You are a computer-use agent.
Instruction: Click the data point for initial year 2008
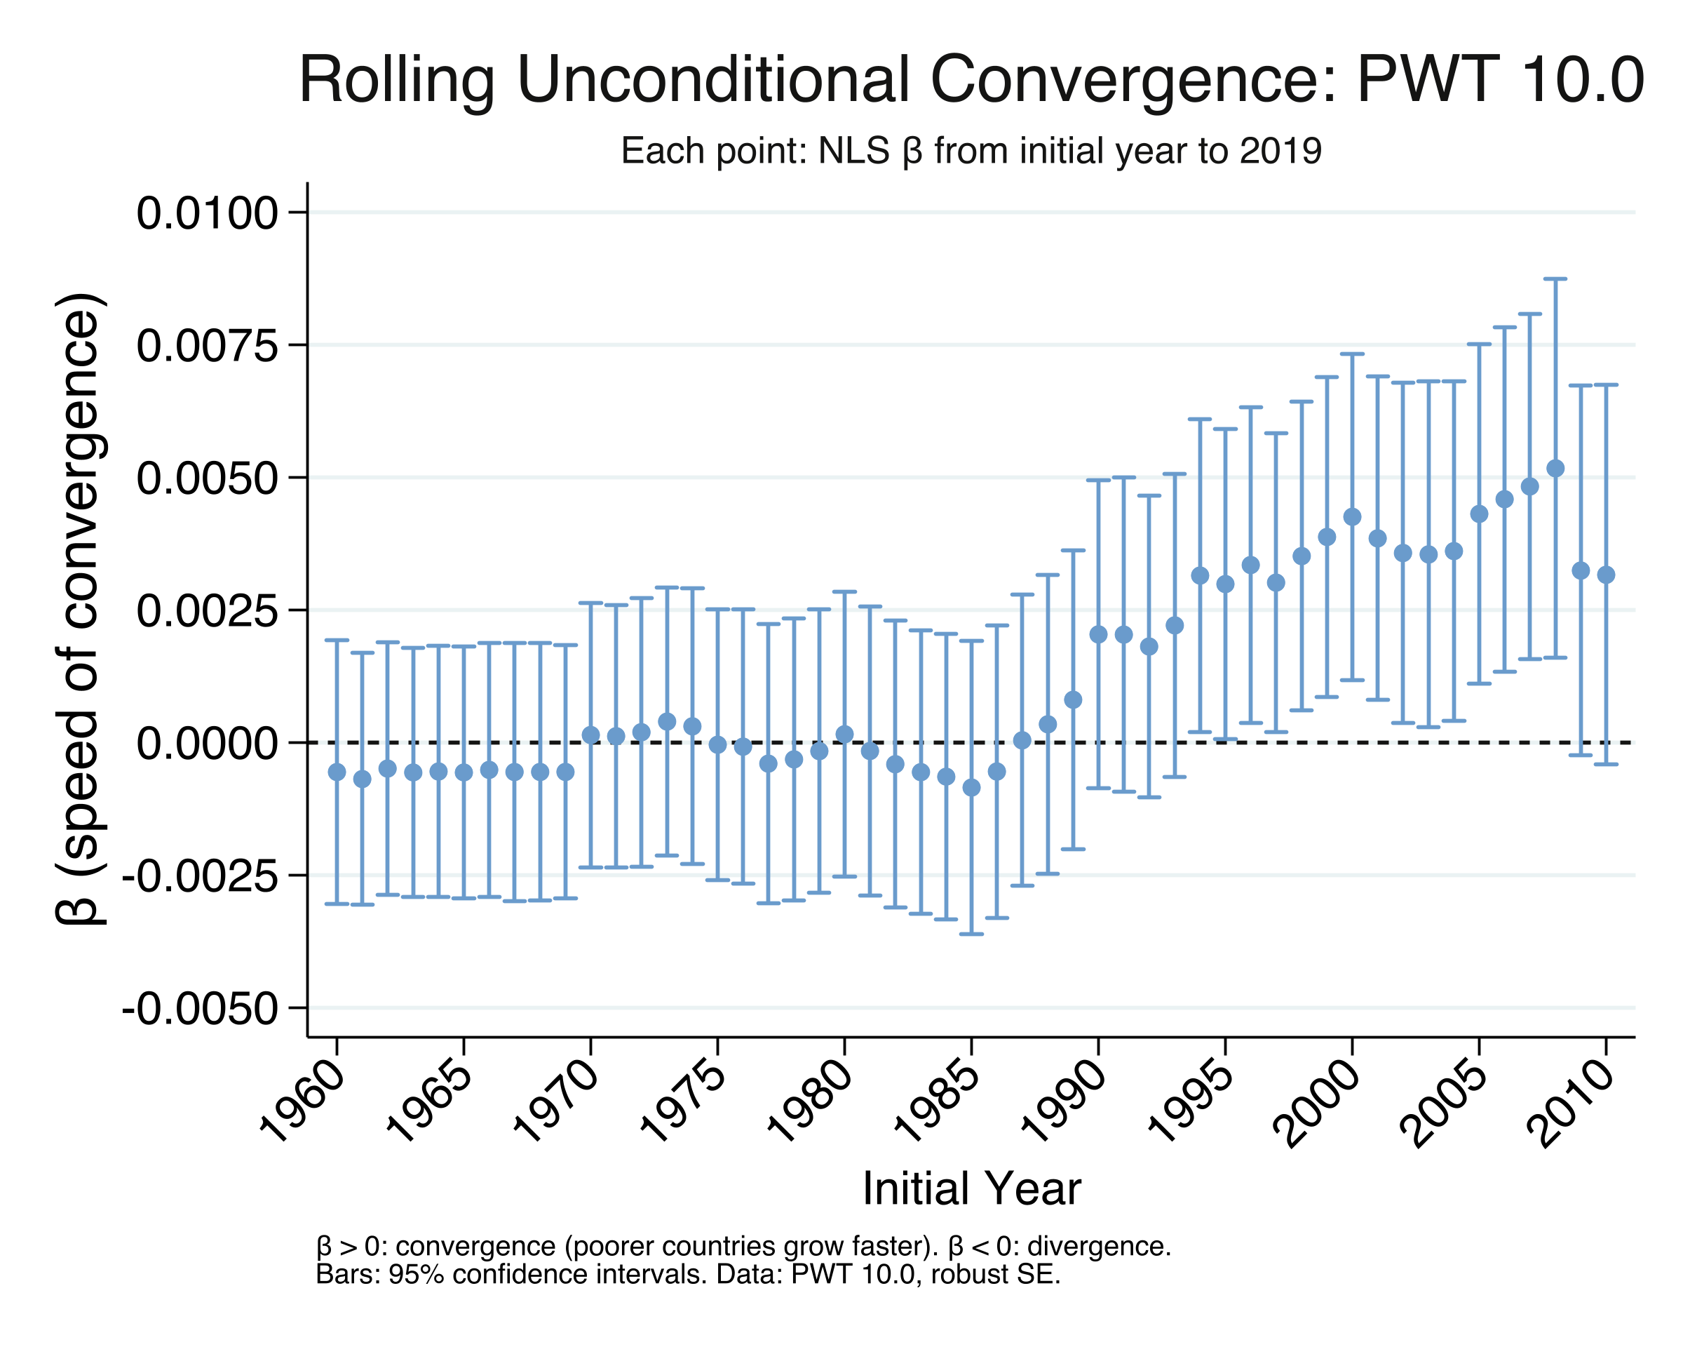click(x=1555, y=469)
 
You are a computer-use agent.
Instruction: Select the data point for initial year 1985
click(x=971, y=788)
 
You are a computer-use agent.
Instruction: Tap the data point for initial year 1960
click(x=337, y=772)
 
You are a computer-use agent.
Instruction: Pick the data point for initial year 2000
click(x=1352, y=517)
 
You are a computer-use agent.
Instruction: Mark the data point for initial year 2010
click(x=1606, y=575)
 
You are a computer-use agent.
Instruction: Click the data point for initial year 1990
click(x=1098, y=634)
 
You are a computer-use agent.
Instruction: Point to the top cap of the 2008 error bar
click(x=1555, y=279)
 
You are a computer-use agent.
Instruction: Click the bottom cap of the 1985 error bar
click(x=971, y=934)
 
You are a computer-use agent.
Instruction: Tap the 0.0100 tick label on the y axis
click(x=207, y=213)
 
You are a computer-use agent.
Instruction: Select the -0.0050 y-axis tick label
click(x=201, y=1010)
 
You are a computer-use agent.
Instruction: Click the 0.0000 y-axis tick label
click(x=207, y=744)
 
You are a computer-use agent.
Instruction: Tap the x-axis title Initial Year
click(x=971, y=1188)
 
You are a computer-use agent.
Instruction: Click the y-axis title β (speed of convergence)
click(x=80, y=609)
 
